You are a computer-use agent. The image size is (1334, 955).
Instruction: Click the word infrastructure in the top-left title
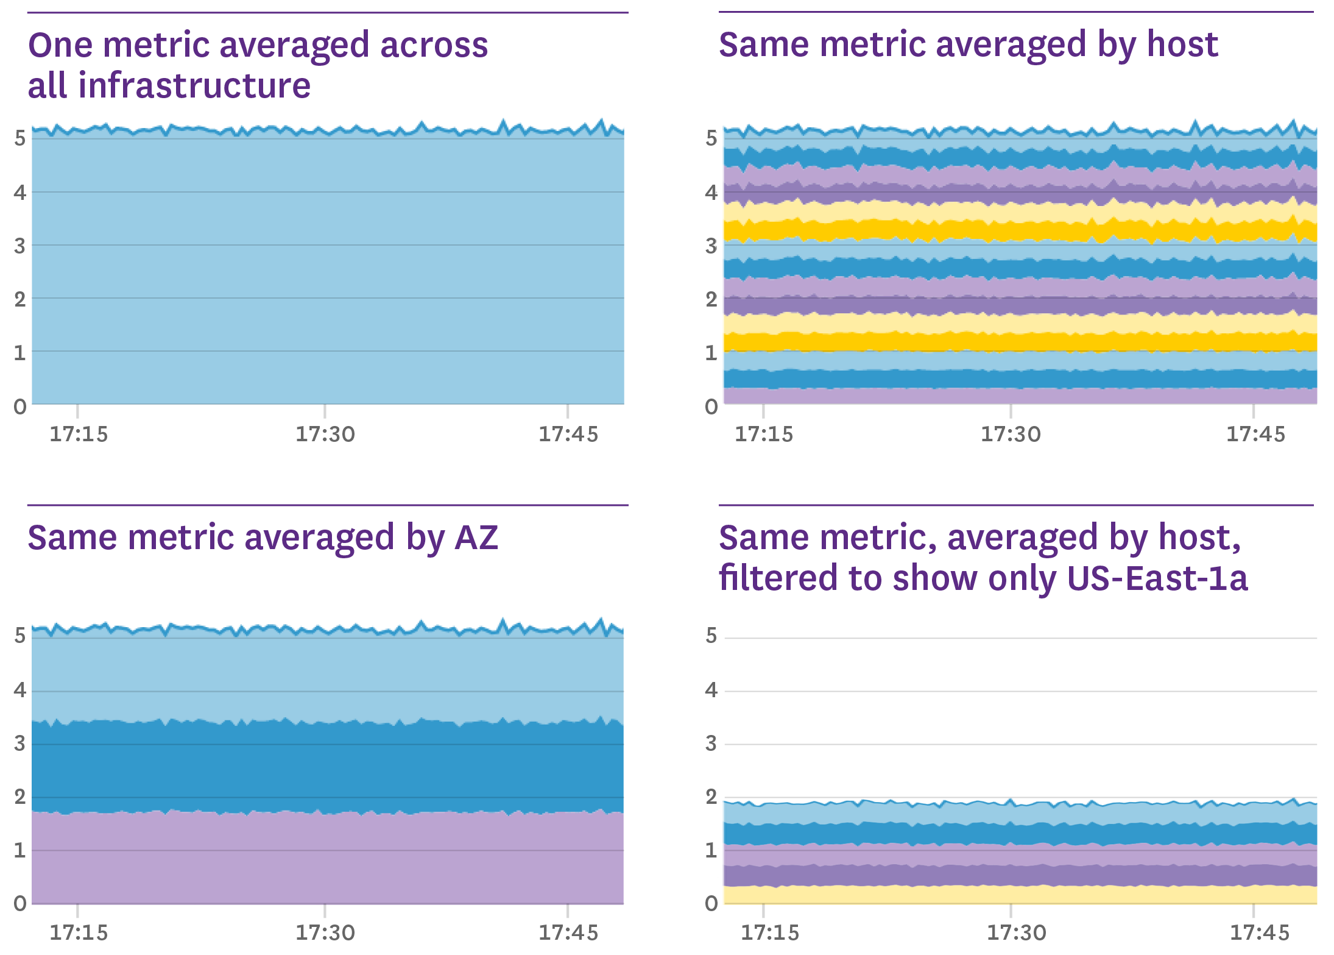[194, 85]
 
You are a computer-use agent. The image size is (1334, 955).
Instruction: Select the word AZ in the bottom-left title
[476, 538]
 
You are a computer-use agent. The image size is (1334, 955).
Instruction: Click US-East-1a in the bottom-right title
[1157, 578]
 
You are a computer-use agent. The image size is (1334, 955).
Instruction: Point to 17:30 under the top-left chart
[325, 435]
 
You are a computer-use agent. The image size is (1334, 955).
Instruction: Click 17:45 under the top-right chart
[1255, 435]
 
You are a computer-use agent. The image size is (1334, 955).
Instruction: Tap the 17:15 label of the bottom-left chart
[78, 932]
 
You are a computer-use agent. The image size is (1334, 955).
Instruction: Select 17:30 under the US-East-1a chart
[1016, 932]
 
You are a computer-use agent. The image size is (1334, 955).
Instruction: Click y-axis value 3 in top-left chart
[20, 246]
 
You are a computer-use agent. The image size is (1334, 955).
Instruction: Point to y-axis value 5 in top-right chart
[711, 138]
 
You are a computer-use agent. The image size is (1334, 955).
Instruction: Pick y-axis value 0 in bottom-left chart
[20, 903]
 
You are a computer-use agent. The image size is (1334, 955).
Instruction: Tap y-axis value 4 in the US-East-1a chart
[711, 690]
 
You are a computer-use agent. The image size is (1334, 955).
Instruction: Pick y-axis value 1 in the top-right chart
[711, 352]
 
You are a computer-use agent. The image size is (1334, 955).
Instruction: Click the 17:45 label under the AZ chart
[568, 932]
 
